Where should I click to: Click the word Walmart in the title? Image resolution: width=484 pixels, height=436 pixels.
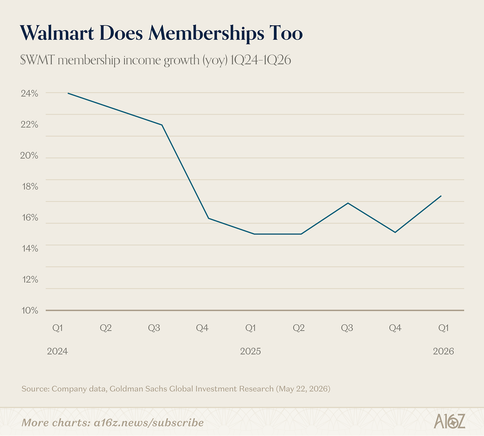tap(57, 33)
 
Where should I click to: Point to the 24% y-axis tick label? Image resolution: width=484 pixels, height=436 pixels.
tap(30, 94)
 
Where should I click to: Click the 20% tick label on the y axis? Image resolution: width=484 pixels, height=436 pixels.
tap(29, 156)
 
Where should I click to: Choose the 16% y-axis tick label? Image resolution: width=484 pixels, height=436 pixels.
tap(30, 218)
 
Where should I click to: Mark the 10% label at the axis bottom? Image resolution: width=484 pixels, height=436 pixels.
tap(30, 310)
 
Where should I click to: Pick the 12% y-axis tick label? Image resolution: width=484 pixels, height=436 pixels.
tap(30, 280)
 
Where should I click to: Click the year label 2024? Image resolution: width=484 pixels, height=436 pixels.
tap(58, 351)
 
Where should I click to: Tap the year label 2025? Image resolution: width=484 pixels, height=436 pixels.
tap(250, 351)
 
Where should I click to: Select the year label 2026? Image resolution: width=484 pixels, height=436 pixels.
tap(443, 351)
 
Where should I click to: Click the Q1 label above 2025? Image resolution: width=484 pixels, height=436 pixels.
tap(250, 328)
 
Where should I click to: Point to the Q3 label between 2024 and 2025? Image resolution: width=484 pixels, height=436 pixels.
tap(154, 328)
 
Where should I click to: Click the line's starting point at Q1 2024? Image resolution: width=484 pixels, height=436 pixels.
tap(68, 93)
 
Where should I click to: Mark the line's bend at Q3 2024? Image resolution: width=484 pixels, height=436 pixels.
tap(162, 125)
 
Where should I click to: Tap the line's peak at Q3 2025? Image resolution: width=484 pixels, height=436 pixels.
tap(348, 203)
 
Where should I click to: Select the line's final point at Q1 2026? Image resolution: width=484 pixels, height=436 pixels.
tap(441, 196)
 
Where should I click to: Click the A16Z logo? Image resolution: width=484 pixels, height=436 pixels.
tap(449, 421)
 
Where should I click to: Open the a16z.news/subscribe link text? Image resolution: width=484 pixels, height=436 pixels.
tap(149, 423)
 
